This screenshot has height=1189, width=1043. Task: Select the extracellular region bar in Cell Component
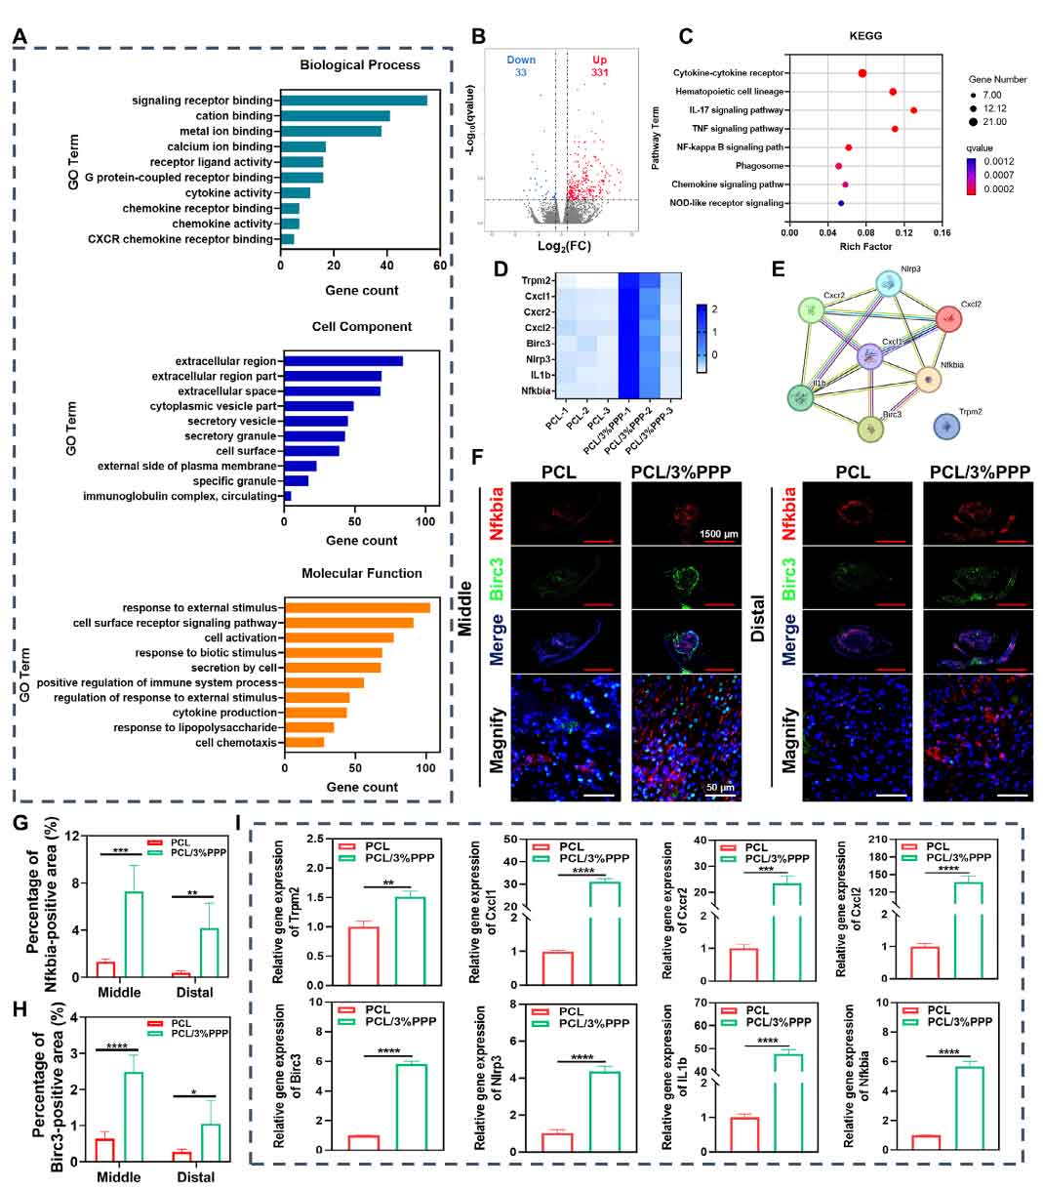click(341, 361)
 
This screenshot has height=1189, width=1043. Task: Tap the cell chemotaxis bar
click(303, 743)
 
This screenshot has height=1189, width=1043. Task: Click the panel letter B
click(478, 37)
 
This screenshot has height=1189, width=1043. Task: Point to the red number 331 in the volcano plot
click(600, 72)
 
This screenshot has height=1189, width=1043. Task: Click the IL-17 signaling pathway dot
click(913, 110)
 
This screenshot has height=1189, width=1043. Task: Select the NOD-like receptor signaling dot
click(841, 203)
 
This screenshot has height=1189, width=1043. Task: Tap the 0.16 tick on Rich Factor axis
click(942, 232)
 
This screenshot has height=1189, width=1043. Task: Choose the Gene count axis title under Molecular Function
click(362, 787)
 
